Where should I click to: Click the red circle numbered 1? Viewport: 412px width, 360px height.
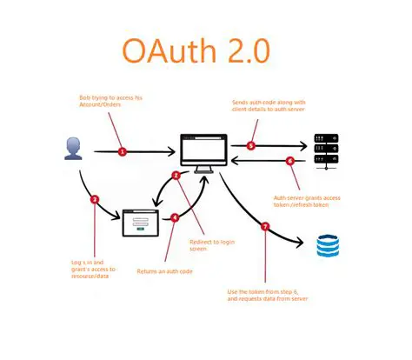(123, 151)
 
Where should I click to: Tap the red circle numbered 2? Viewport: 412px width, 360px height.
(176, 175)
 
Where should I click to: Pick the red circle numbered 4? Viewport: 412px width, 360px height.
(175, 217)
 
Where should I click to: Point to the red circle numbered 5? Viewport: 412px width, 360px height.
(251, 145)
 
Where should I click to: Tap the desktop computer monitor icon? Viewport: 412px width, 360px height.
(203, 151)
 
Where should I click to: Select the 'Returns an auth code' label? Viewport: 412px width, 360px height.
(165, 271)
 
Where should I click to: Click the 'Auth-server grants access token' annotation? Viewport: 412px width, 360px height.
(305, 202)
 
